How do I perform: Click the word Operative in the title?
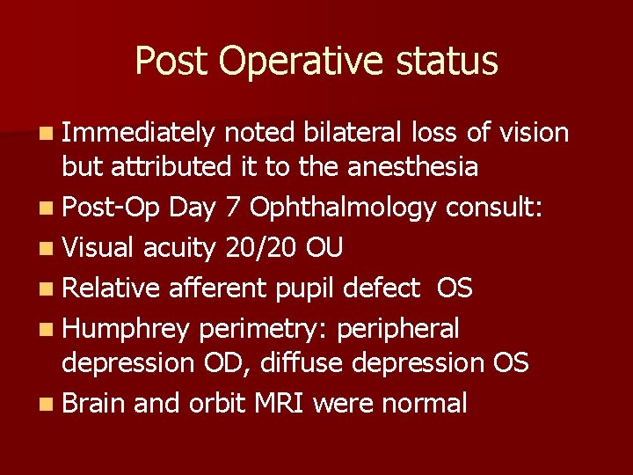[x=301, y=62]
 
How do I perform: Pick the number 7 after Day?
[x=231, y=208]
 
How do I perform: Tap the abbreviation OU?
[x=324, y=249]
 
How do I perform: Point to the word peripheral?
[x=398, y=328]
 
